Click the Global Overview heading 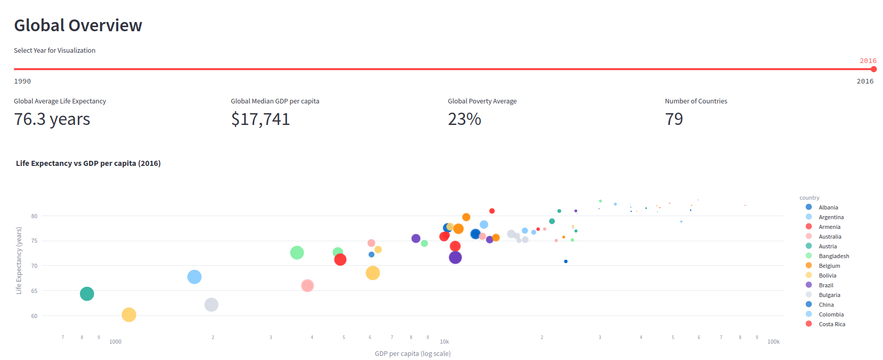78,26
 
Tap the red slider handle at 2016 873,69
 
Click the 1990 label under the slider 23,81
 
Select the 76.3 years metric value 52,119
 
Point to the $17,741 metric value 260,119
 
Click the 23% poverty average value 464,119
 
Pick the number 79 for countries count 674,119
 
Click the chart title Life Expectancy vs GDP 88,163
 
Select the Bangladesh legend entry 833,256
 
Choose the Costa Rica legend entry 831,324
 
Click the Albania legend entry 828,207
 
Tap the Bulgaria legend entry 829,295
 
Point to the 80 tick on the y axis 34,216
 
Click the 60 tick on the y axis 34,316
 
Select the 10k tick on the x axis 444,342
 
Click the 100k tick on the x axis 773,342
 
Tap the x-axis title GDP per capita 413,353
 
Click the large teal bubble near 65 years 87,294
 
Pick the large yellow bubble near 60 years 129,315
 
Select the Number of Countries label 696,101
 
